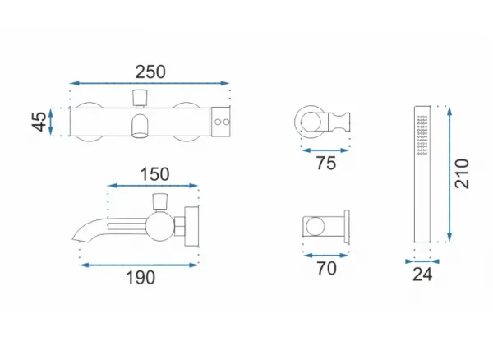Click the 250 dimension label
[150, 72]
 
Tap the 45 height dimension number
[39, 122]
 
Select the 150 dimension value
[154, 174]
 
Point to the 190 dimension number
[141, 278]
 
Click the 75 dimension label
[326, 164]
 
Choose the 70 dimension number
[327, 269]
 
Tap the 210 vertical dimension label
[462, 174]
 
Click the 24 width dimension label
[422, 275]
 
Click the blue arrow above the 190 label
[139, 265]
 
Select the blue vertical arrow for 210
[449, 174]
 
